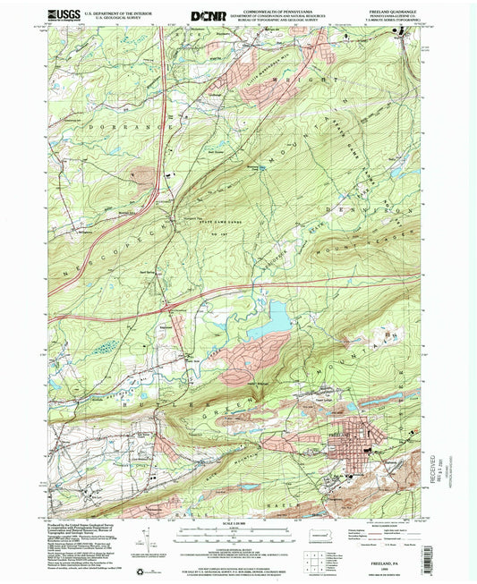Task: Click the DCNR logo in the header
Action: click(x=208, y=15)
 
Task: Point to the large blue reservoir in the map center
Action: click(x=277, y=315)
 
